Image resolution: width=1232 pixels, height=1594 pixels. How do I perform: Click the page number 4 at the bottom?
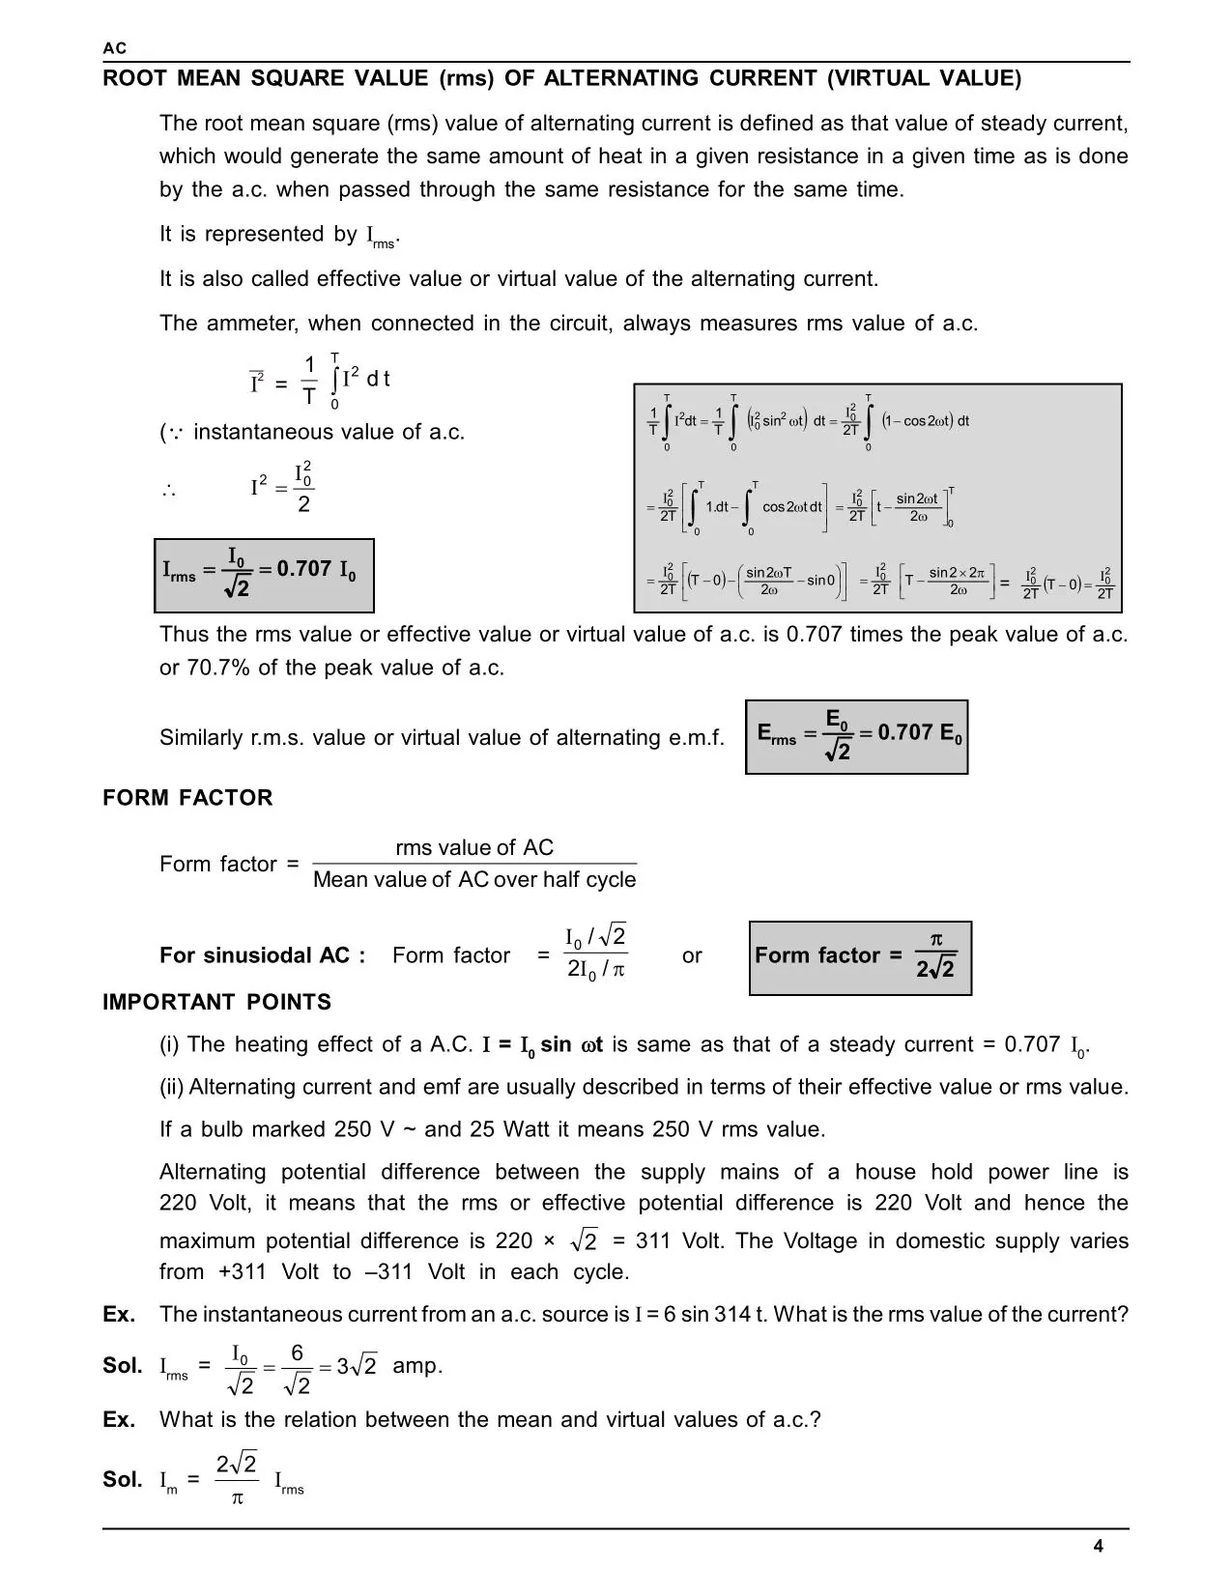[1098, 1546]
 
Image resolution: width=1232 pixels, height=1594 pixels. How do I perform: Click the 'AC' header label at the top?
[114, 48]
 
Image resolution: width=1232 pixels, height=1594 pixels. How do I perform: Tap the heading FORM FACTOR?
[187, 798]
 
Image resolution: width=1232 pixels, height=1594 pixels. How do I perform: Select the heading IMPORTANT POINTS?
[216, 1003]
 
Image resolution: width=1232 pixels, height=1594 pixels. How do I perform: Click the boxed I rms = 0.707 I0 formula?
[263, 575]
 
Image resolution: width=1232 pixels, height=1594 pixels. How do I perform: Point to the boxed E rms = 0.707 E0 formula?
[856, 737]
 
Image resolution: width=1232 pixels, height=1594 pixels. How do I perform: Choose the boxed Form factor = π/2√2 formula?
[860, 957]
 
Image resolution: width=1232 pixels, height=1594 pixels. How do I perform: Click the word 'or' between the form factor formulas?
[692, 956]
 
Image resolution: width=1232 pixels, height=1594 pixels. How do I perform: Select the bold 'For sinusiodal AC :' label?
[262, 956]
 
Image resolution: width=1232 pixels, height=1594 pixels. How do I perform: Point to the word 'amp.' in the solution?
[417, 1366]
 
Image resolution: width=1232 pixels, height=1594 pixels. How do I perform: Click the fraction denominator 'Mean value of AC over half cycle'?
[474, 880]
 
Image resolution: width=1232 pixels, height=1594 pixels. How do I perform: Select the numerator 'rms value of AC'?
[474, 848]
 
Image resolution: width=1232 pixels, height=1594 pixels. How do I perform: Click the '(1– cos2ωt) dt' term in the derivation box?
[926, 421]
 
